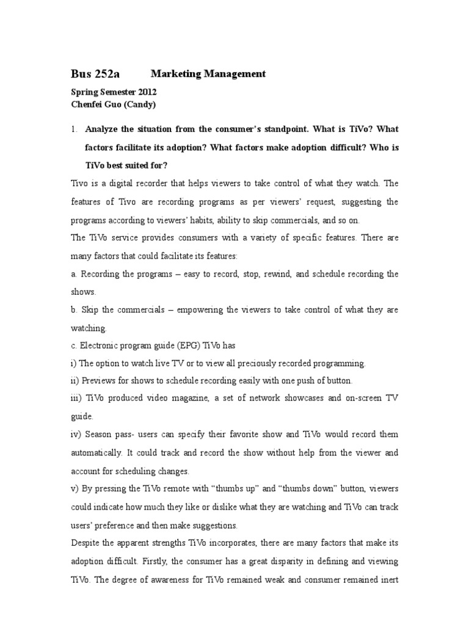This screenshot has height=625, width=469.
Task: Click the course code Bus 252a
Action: pos(95,74)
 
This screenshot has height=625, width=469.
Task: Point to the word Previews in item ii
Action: pos(97,381)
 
